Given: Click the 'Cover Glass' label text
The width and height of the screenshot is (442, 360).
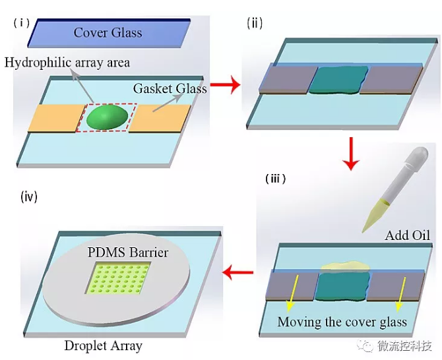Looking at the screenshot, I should pyautogui.click(x=108, y=32).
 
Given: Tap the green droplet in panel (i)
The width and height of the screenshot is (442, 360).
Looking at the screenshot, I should pyautogui.click(x=108, y=118).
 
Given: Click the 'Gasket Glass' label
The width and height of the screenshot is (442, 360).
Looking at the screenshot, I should pyautogui.click(x=170, y=88).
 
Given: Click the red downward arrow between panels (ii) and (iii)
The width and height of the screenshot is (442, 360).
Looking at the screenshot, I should pyautogui.click(x=353, y=152).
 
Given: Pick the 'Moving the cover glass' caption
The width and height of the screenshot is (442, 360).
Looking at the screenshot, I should pyautogui.click(x=342, y=322).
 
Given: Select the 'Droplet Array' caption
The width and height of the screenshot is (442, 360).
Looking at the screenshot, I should pyautogui.click(x=103, y=345).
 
